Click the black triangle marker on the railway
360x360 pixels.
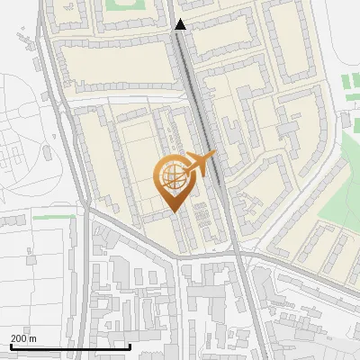click(181, 25)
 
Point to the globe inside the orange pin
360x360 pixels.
click(172, 176)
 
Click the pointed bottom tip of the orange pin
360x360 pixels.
click(173, 211)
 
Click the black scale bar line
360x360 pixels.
click(70, 346)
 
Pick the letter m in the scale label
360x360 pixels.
click(33, 338)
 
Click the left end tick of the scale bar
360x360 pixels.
click(10, 345)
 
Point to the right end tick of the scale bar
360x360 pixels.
click(130, 345)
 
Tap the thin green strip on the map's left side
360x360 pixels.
click(54, 217)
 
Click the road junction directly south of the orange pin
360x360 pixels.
click(176, 255)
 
